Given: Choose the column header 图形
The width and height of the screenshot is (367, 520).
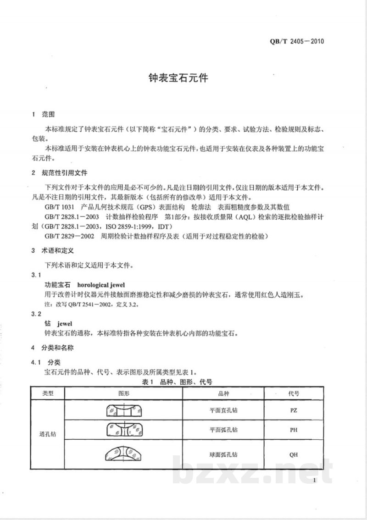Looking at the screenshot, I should click(124, 393).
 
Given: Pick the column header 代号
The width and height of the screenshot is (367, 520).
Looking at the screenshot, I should click(294, 393).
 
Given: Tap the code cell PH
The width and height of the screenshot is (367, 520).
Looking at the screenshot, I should click(294, 431).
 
